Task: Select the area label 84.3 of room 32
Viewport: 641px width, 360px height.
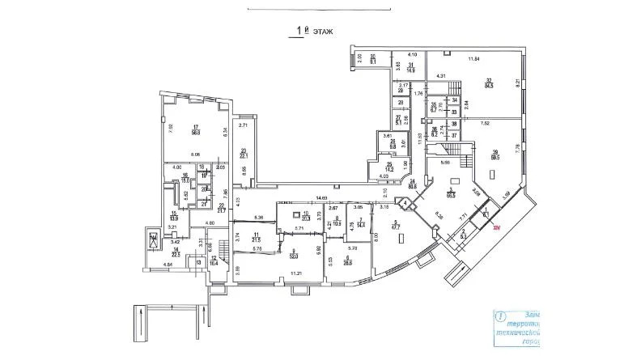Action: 489,83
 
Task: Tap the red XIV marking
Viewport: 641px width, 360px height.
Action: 499,229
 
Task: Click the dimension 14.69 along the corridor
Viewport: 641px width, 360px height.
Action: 321,197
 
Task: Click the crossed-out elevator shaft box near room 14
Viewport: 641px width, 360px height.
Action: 154,240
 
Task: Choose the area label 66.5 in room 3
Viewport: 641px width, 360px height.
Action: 449,195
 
